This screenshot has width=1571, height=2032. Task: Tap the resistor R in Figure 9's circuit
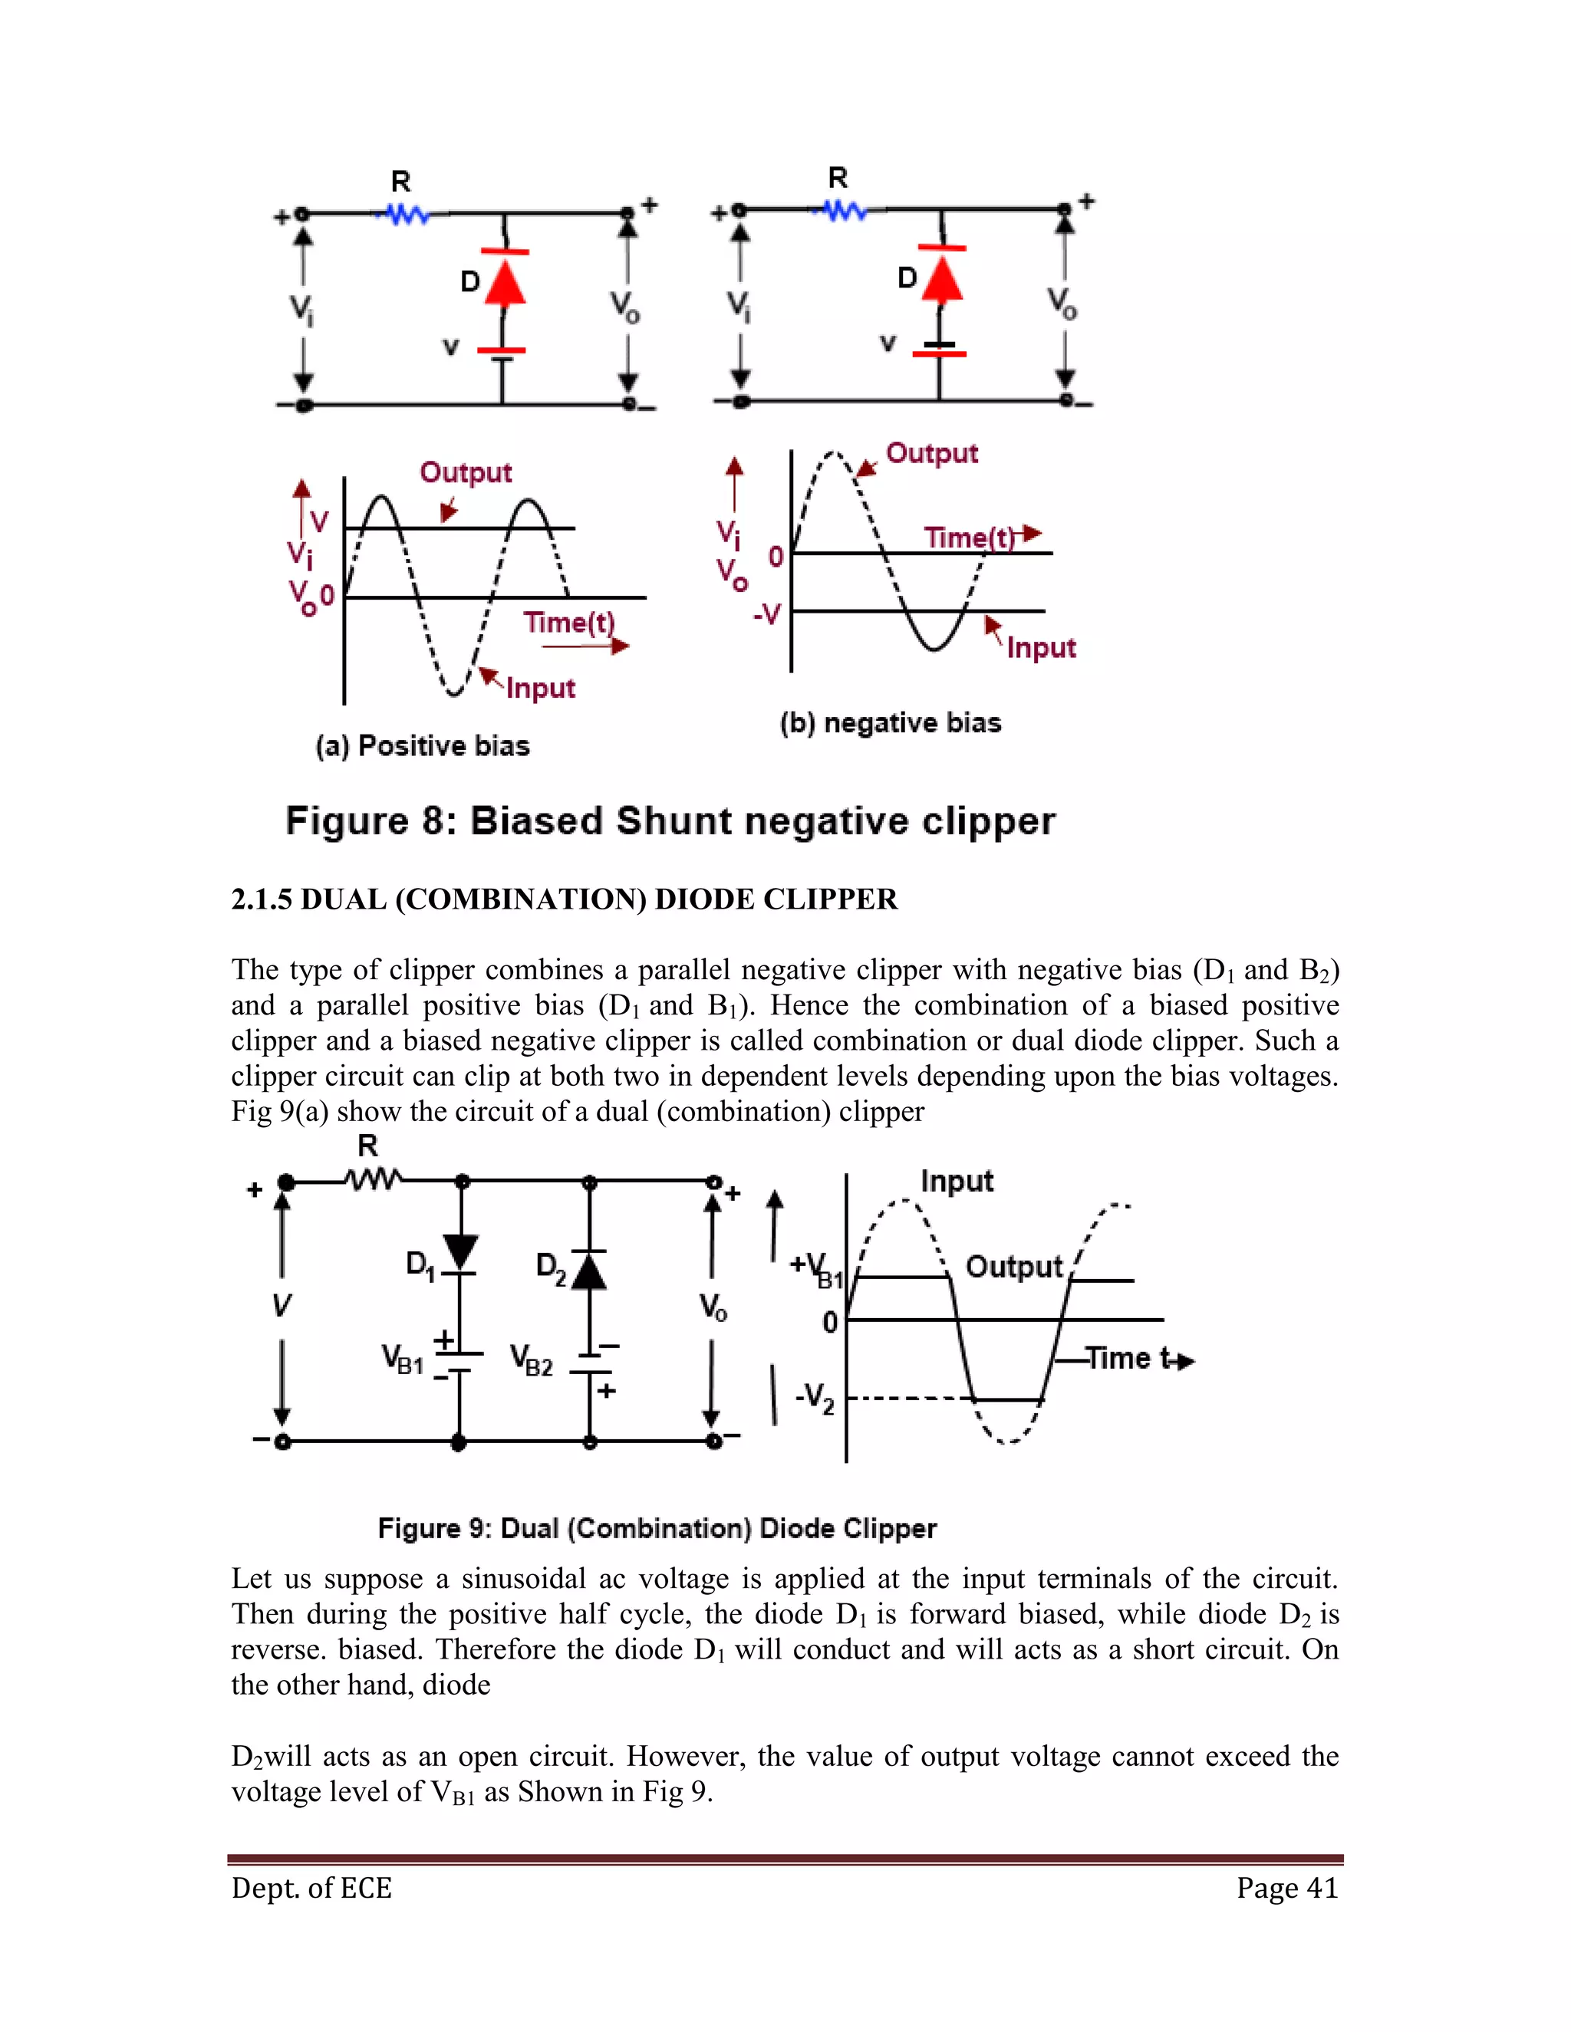tap(372, 1181)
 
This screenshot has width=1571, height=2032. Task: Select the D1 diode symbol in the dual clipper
tap(459, 1252)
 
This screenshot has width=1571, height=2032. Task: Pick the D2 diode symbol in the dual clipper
tap(589, 1269)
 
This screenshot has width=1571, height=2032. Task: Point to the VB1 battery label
tap(403, 1360)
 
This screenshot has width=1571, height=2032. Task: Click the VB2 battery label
tap(532, 1361)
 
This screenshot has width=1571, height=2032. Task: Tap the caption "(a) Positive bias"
tap(423, 746)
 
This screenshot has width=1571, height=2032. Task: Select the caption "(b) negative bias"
tap(891, 723)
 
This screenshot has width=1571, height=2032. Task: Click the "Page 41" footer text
tap(1287, 1888)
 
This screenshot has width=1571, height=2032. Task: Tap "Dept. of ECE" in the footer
tap(311, 1888)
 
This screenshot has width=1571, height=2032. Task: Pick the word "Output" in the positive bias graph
tap(466, 472)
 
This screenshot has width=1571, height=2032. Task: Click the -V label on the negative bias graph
tap(767, 614)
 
